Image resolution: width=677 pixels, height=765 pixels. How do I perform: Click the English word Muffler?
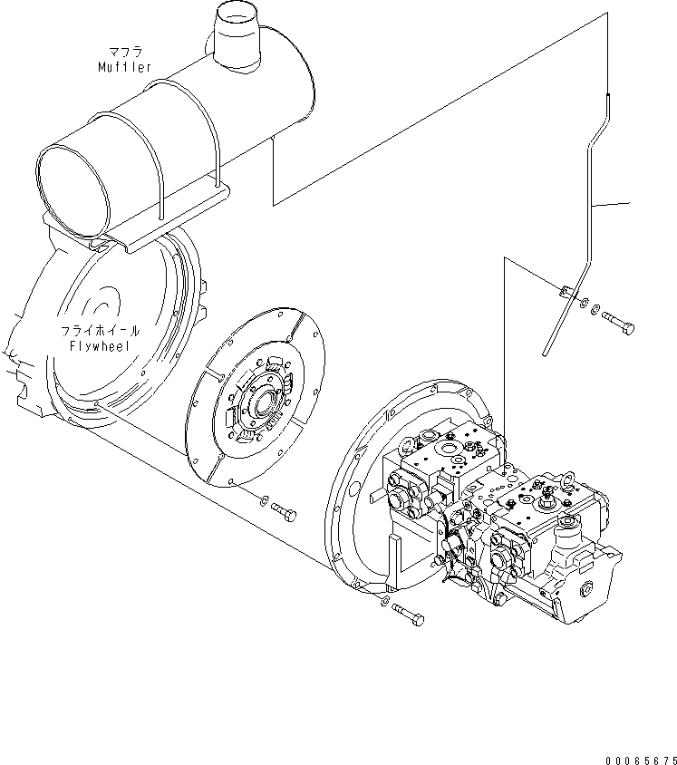click(126, 67)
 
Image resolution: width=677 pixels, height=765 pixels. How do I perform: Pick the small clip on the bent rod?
click(563, 291)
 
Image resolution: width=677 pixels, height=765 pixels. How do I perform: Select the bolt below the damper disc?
click(284, 514)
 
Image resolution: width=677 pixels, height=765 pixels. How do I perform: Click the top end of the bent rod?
click(608, 96)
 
